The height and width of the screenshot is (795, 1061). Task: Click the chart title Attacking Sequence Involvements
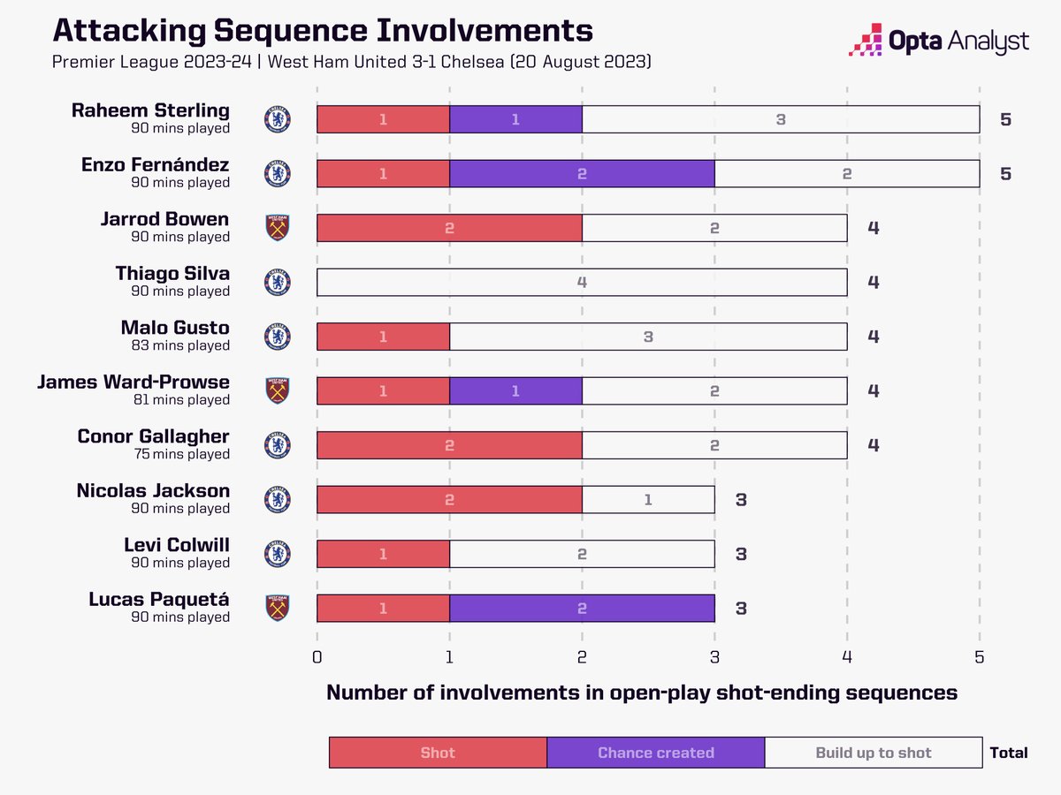pyautogui.click(x=322, y=30)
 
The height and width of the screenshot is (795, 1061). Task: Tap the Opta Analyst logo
pyautogui.click(x=938, y=41)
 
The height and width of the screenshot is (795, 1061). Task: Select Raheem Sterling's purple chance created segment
pyautogui.click(x=515, y=119)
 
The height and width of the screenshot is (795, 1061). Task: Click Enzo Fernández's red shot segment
pyautogui.click(x=383, y=173)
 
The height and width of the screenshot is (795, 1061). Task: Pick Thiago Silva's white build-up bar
pyautogui.click(x=582, y=282)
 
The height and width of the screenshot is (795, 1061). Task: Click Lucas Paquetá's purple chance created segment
pyautogui.click(x=582, y=608)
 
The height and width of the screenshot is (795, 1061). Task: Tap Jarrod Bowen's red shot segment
pyautogui.click(x=449, y=228)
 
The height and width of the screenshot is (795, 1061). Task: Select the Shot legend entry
pyautogui.click(x=438, y=753)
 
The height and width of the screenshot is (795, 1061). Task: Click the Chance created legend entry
pyautogui.click(x=655, y=753)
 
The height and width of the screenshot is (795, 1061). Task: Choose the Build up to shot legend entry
pyautogui.click(x=873, y=753)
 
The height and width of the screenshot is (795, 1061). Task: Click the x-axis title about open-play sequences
pyautogui.click(x=642, y=693)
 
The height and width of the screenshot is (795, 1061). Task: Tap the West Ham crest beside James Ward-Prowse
pyautogui.click(x=278, y=390)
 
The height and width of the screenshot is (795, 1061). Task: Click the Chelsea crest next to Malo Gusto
pyautogui.click(x=278, y=337)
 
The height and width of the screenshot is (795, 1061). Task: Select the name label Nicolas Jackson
pyautogui.click(x=153, y=491)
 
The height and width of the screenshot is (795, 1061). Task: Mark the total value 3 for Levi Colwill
pyautogui.click(x=741, y=554)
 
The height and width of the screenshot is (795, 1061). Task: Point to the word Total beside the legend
pyautogui.click(x=1009, y=753)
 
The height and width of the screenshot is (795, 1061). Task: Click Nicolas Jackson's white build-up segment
pyautogui.click(x=648, y=499)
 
